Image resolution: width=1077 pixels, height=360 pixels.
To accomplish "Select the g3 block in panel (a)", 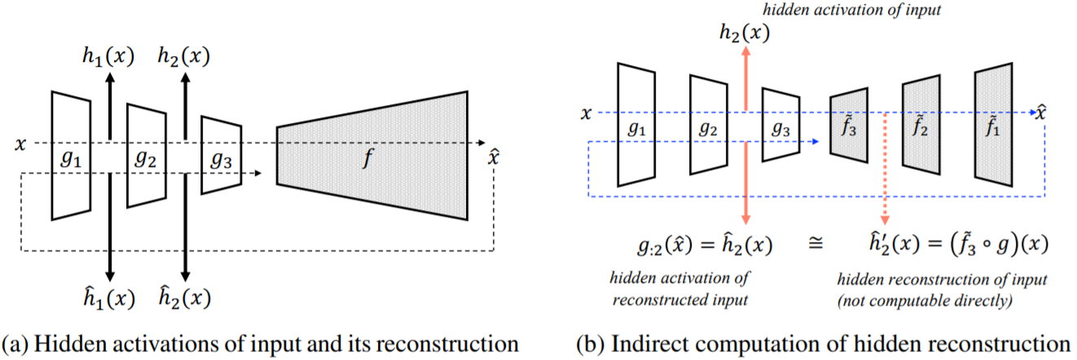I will point(222,155).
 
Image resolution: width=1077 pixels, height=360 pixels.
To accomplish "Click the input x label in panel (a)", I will point(20,143).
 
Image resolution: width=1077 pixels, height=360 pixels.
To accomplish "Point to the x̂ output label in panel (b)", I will point(1040,111).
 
